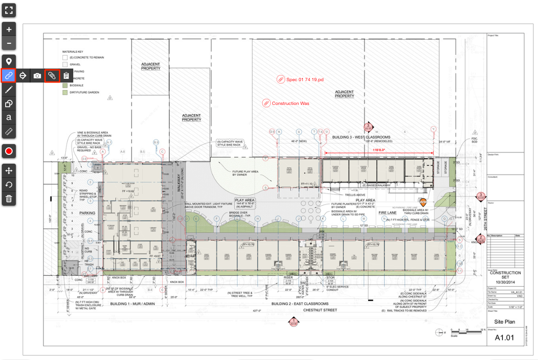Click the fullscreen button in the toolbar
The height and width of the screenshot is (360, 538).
[9, 10]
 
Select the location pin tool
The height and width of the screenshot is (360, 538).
[9, 62]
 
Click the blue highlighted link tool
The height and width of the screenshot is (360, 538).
[9, 75]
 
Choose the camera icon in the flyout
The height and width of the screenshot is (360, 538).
[37, 75]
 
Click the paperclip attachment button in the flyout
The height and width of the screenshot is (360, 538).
[52, 75]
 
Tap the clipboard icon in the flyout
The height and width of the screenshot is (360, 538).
[66, 75]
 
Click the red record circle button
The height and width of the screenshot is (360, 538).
[9, 151]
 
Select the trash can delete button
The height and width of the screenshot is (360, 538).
[9, 199]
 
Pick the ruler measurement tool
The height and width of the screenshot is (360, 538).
[9, 132]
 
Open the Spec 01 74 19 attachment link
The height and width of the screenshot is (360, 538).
[305, 80]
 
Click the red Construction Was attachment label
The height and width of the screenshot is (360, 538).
[290, 103]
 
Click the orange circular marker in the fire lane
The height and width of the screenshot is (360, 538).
[423, 202]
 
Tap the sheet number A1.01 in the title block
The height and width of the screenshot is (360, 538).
[504, 338]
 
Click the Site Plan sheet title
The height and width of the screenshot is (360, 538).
[504, 322]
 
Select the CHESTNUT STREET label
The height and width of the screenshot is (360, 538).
[320, 310]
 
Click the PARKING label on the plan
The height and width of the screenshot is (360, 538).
[87, 213]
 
